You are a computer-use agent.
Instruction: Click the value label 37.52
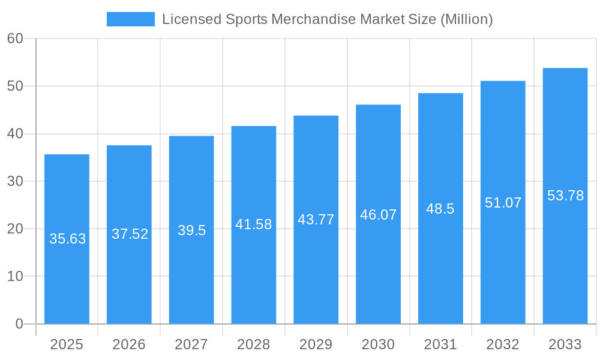point(130,234)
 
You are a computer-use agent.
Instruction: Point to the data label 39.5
point(191,230)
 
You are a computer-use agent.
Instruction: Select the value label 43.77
point(316,220)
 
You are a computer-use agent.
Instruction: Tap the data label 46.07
point(379,215)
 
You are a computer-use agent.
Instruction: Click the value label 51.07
point(503,203)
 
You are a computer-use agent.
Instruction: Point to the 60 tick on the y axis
point(15,38)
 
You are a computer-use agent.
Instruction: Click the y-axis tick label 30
point(15,181)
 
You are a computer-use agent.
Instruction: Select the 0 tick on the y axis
point(19,324)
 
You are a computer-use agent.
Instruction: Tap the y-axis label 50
point(15,86)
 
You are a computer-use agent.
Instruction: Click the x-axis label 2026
point(129,344)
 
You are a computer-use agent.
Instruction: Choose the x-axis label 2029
point(316,344)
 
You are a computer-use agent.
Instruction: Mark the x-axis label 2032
point(503,344)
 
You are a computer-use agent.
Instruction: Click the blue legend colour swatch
point(130,19)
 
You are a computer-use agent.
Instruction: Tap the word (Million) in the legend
point(466,19)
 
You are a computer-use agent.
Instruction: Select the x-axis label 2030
point(379,344)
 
